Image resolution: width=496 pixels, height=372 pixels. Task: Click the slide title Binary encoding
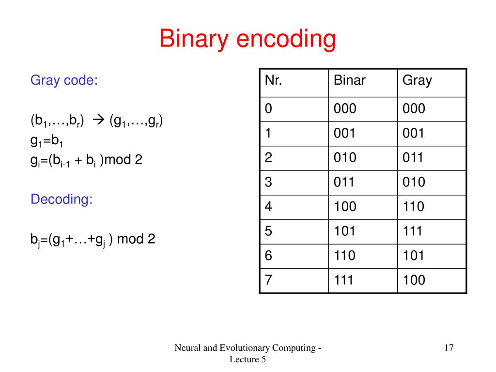click(248, 39)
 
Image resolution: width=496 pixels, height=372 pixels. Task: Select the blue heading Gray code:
click(64, 80)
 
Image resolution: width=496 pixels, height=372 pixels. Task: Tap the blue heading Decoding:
click(62, 199)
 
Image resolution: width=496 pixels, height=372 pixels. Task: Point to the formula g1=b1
click(47, 140)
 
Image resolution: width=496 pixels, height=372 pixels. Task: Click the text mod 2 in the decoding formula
click(136, 239)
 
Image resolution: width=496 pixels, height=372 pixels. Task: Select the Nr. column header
click(274, 80)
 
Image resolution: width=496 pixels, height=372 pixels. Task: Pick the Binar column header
click(349, 80)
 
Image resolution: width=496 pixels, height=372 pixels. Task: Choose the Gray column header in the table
click(417, 80)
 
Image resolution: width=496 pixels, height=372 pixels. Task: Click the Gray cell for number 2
click(413, 157)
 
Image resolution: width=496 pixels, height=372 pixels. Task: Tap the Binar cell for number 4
click(344, 207)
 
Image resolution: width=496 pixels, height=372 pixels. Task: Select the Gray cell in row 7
click(413, 280)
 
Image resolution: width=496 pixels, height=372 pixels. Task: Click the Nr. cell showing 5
click(268, 231)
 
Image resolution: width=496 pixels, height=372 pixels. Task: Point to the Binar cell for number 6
click(344, 256)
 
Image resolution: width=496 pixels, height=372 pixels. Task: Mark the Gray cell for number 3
click(413, 182)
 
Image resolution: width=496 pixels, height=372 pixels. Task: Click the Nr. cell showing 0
click(268, 108)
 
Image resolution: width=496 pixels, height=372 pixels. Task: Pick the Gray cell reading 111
click(413, 231)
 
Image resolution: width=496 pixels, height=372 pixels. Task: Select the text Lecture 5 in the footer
click(248, 359)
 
